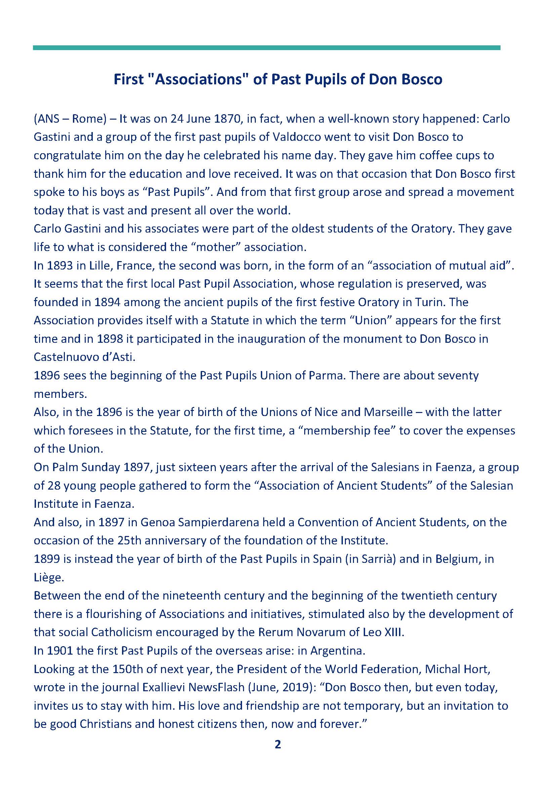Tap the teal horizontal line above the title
(266, 48)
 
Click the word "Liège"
(49, 578)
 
